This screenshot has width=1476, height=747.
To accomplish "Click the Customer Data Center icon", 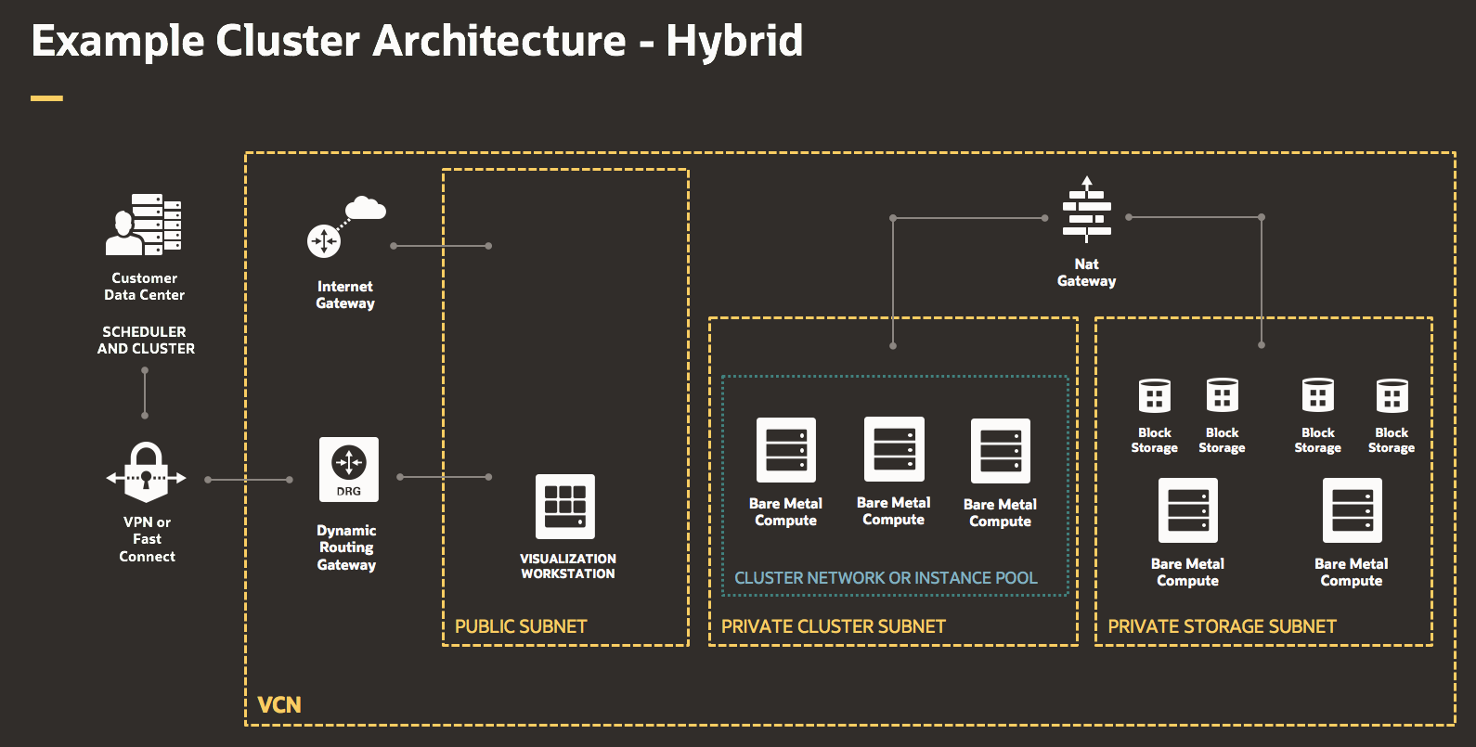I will point(143,224).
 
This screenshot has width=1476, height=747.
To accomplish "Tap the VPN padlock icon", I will point(147,472).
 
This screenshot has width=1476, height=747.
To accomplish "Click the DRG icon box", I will point(349,470).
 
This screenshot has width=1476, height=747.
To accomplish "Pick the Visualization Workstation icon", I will point(565,507).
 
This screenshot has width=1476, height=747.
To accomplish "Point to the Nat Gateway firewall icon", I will point(1086,213).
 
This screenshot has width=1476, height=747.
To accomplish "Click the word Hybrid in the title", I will point(734,41).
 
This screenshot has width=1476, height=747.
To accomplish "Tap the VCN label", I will point(279,705).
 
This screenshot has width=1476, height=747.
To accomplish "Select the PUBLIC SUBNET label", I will point(521,626).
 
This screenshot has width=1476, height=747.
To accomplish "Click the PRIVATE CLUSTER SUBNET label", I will point(833,626).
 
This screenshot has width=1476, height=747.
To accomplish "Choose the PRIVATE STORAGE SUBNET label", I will point(1222,626).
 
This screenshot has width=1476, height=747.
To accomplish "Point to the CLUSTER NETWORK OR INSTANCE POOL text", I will point(886,578).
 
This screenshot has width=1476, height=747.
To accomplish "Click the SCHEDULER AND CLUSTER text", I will point(146,341).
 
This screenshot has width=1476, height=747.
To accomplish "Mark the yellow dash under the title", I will point(46,97).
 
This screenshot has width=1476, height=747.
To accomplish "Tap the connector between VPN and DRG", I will point(249,480).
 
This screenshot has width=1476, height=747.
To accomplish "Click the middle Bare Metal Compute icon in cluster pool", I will point(894,449).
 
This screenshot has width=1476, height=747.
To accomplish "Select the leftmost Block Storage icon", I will point(1155,395).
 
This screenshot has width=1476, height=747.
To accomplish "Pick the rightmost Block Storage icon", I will point(1392,395).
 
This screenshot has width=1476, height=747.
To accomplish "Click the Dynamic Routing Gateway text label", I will point(346,547).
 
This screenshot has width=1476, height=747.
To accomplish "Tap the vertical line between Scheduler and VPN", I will point(145,393).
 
